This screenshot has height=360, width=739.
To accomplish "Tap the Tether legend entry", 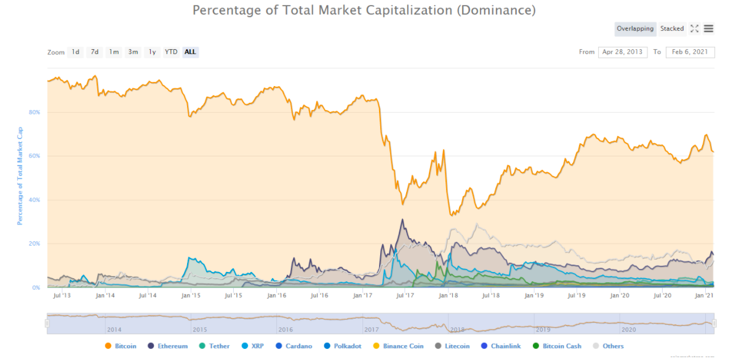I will [216, 346].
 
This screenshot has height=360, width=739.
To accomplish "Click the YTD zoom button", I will [171, 52].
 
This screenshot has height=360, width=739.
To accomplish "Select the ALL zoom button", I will [190, 52].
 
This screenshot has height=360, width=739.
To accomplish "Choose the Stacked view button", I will [672, 28].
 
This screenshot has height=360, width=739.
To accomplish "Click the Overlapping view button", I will [636, 28].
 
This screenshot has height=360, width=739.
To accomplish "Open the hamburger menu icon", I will [708, 28].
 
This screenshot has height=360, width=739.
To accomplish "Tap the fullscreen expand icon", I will [695, 28].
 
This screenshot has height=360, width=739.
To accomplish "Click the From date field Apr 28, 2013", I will [623, 52].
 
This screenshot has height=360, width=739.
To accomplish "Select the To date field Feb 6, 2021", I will [690, 52].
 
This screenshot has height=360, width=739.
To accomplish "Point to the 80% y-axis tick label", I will [34, 112].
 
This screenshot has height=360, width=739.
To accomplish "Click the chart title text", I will [364, 10].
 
